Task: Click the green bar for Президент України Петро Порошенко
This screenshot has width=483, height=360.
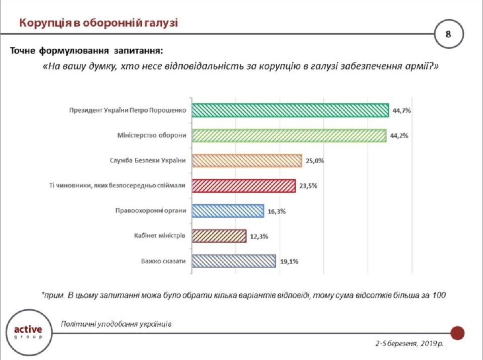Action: click(290, 111)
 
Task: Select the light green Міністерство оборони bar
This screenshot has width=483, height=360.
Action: click(289, 136)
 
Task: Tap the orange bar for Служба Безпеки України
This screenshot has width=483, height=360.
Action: click(247, 160)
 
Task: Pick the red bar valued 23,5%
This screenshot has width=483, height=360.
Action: click(244, 186)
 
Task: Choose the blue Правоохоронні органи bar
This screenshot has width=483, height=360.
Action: click(228, 211)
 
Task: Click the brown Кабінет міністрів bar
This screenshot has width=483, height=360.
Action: click(219, 236)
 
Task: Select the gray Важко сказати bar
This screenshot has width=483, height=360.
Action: click(234, 261)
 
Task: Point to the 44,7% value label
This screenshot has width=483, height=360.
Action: click(401, 111)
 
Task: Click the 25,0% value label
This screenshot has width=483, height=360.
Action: click(315, 161)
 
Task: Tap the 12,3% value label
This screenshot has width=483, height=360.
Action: click(259, 236)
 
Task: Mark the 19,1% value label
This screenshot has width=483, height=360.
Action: click(289, 261)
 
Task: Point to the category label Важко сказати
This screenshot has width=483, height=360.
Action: click(163, 261)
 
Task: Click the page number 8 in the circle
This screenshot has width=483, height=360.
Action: click(448, 34)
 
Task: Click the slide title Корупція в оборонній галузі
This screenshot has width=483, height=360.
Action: click(99, 23)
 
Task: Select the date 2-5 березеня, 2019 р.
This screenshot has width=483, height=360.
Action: click(409, 344)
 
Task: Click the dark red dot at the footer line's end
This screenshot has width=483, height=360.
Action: click(457, 333)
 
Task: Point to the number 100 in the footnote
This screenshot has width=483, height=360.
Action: click(440, 295)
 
